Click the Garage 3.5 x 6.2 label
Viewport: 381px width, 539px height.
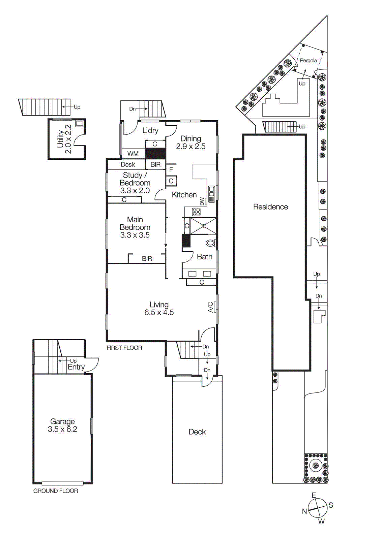coord(62,425)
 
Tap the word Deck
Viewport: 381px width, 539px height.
coord(197,432)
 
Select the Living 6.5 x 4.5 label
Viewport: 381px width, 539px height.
coord(159,309)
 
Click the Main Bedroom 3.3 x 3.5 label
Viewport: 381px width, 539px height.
coord(135,227)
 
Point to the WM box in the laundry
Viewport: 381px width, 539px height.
coord(133,154)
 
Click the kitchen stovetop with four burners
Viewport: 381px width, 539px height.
coord(196,212)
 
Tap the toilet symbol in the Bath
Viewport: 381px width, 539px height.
coord(210,243)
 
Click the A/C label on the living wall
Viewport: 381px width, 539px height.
coord(211,307)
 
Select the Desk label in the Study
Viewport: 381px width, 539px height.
coord(128,164)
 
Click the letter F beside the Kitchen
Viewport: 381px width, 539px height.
coord(171,170)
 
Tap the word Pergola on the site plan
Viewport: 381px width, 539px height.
coord(308,61)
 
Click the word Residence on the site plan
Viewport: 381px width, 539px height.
coord(270,207)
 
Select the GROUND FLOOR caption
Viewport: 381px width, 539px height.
coord(56,491)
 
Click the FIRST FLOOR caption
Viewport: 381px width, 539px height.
coord(124,348)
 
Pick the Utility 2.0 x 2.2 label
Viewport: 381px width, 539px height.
coord(64,139)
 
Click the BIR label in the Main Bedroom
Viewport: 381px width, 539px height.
coord(147,259)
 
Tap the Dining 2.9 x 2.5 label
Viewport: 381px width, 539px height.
coord(190,142)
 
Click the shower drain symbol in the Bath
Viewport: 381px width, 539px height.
coord(204,226)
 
